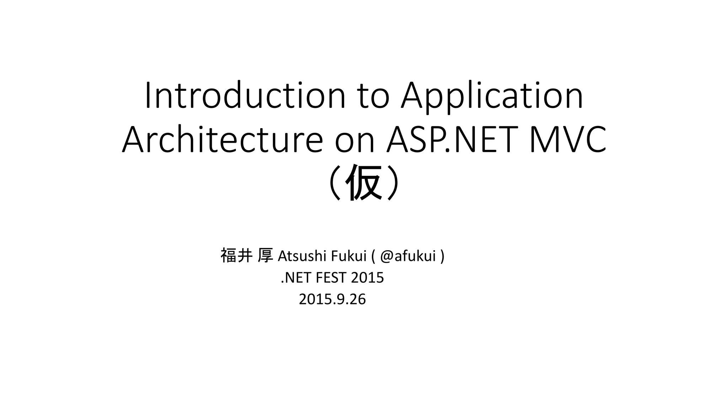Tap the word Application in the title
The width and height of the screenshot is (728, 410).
point(492,95)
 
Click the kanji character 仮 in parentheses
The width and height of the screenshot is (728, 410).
point(364,183)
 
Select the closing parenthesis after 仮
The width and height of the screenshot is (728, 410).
point(393,183)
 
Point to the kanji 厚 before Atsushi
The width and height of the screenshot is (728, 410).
point(265,256)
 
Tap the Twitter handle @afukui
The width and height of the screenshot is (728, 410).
point(408,256)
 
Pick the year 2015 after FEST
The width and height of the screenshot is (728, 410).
point(367,278)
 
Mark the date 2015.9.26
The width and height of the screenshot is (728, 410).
point(332,299)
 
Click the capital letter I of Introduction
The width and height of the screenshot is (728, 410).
point(148,95)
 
